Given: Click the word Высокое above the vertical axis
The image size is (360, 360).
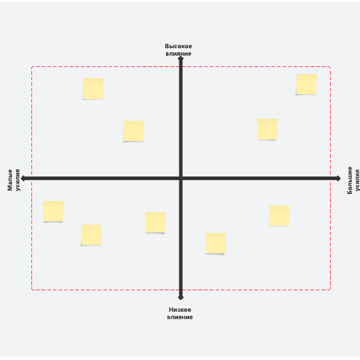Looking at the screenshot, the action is [179, 46].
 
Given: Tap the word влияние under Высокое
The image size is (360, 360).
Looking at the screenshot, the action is [179, 54].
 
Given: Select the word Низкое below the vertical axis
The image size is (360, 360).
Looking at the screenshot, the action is [180, 310].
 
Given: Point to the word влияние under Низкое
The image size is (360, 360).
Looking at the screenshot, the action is [180, 317].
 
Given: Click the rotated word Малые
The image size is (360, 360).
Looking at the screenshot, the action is [10, 180].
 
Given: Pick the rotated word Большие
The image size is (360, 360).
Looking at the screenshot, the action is [350, 180].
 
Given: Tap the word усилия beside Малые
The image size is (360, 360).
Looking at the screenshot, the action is [17, 180].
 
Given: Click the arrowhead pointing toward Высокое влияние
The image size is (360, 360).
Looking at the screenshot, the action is [181, 59].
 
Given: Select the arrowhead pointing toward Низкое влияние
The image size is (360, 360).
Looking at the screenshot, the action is [181, 297].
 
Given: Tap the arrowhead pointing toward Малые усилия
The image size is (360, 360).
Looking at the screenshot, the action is [23, 179].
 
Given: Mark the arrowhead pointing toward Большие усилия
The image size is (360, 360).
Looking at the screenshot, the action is [338, 179].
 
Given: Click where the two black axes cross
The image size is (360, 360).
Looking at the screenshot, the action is [181, 179].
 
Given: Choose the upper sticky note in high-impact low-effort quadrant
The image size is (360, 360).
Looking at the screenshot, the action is [93, 89].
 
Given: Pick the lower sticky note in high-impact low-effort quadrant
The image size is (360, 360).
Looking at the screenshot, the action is [133, 131].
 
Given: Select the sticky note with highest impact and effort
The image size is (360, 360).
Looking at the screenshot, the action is [306, 84].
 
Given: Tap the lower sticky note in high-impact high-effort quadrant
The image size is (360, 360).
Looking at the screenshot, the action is [267, 129].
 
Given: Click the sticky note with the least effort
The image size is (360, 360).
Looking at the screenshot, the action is [53, 211].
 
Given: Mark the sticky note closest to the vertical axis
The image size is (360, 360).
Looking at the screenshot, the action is [155, 223].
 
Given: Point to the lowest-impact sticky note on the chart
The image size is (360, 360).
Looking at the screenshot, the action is [216, 243].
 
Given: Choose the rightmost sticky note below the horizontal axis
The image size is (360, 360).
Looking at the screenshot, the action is [279, 216].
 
